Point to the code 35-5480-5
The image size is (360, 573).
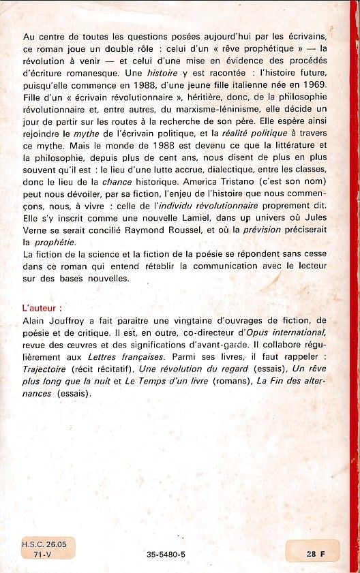(166, 555)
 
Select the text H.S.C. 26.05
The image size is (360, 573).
(47, 545)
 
